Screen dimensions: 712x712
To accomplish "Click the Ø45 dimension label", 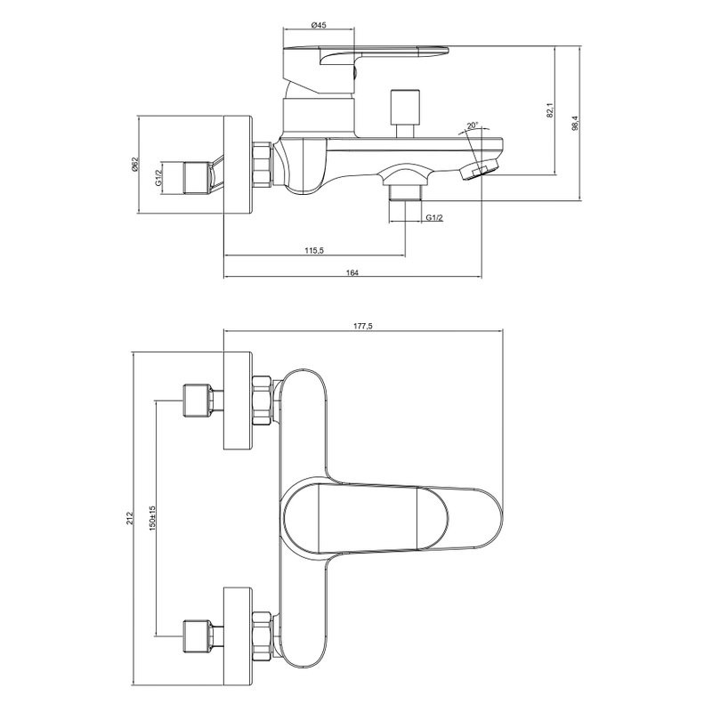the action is click(319, 26).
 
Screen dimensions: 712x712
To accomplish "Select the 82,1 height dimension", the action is click(550, 110).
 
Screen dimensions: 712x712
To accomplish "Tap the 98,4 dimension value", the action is click(575, 123).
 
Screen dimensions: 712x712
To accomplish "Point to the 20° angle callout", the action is click(473, 125).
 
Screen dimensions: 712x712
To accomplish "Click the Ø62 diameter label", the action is click(134, 164).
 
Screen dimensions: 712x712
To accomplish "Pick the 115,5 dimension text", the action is click(314, 250).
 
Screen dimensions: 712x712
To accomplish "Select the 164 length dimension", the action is click(352, 272).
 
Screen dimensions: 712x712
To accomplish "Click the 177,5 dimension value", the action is click(363, 326).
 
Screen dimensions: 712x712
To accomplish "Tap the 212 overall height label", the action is click(129, 518).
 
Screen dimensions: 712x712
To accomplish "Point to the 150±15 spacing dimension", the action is click(152, 518).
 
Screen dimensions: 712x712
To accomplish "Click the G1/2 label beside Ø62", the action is click(158, 177).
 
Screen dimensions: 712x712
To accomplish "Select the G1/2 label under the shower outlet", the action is click(434, 217).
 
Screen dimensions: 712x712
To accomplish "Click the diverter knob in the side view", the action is click(405, 113).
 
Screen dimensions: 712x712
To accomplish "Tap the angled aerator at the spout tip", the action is click(479, 170).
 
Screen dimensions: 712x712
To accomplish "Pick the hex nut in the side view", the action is click(262, 165).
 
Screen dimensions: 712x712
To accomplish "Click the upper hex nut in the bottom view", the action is click(262, 400).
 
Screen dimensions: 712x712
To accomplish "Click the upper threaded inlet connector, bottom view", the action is click(203, 400).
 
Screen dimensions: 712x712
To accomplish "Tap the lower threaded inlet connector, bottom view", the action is click(203, 635).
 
